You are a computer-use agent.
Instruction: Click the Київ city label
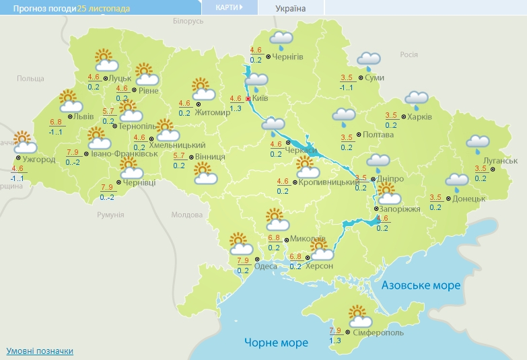pyautogui.click(x=262, y=98)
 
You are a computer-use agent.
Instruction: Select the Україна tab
pyautogui.click(x=291, y=9)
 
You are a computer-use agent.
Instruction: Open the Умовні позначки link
pyautogui.click(x=40, y=351)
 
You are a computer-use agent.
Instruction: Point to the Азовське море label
pyautogui.click(x=421, y=285)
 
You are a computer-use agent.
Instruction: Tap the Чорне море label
pyautogui.click(x=277, y=343)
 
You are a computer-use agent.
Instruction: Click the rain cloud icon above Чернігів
pyautogui.click(x=282, y=40)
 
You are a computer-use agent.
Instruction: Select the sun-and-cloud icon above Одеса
pyautogui.click(x=240, y=243)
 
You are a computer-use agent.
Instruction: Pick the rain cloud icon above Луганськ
pyautogui.click(x=478, y=143)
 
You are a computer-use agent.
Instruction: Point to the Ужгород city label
pyautogui.click(x=39, y=159)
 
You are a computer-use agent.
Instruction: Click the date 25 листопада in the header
pyautogui.click(x=104, y=9)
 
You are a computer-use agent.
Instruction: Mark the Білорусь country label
pyautogui.click(x=188, y=22)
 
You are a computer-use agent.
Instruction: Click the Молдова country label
pyautogui.click(x=186, y=215)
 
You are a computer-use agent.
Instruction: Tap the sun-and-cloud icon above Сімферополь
pyautogui.click(x=357, y=314)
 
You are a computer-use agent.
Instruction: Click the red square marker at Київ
pyautogui.click(x=248, y=98)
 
